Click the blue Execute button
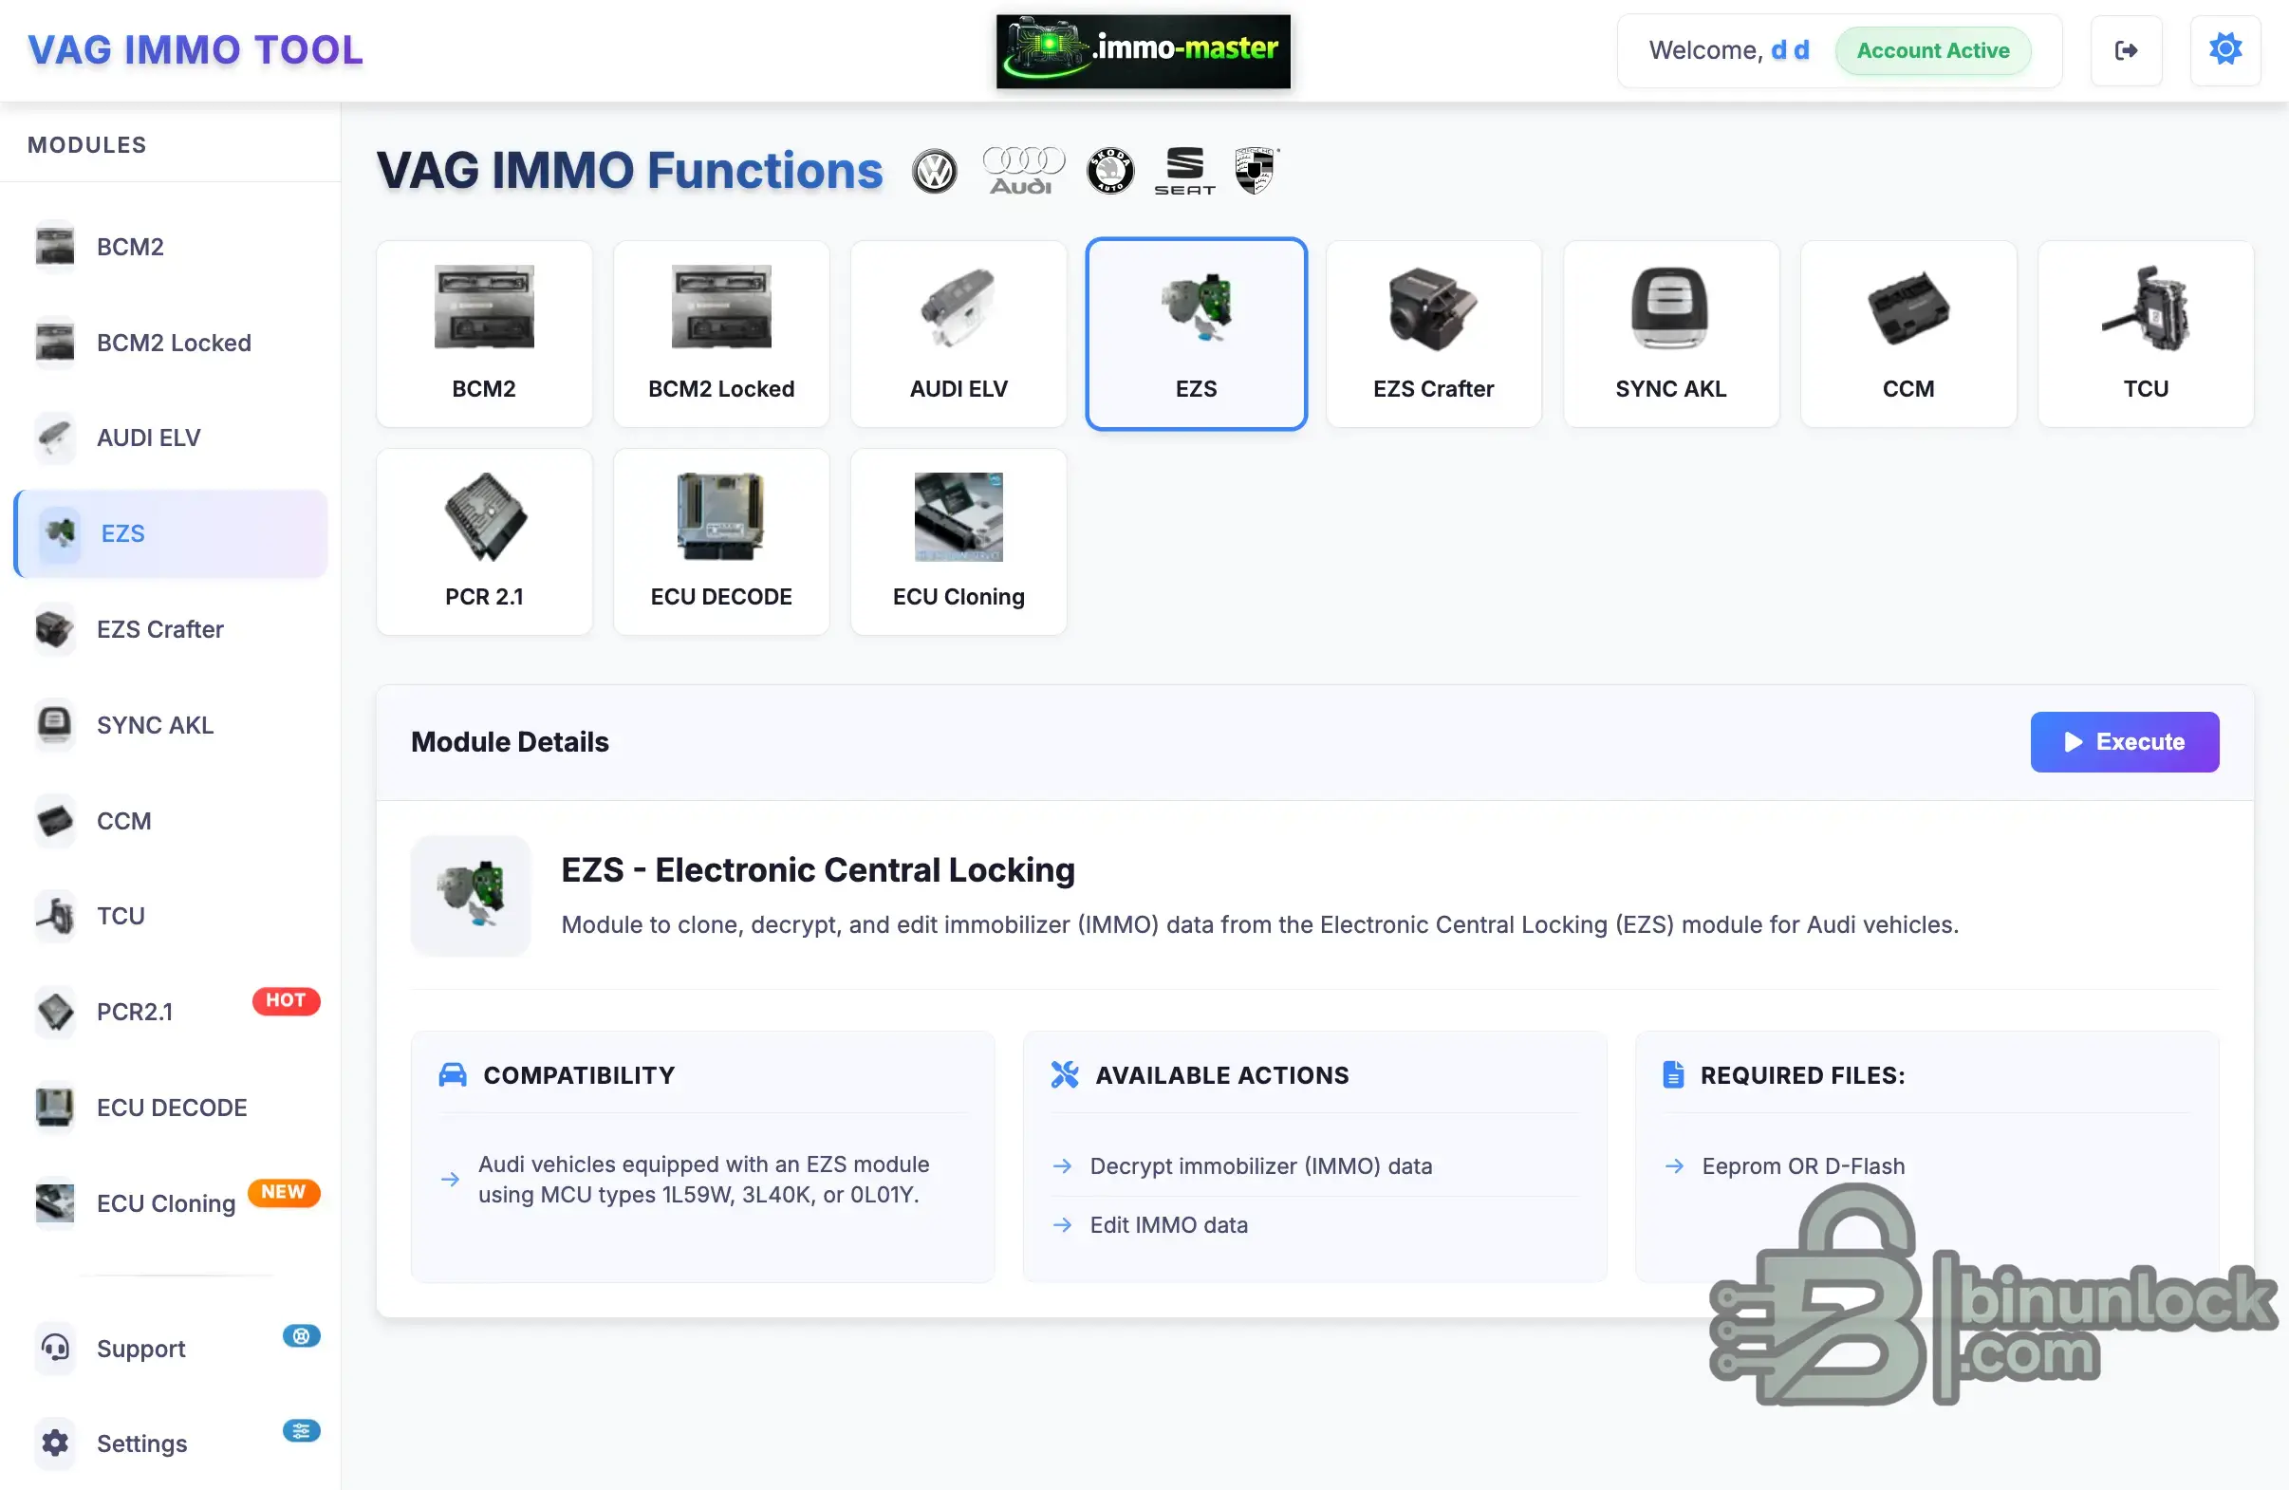[x=2124, y=741]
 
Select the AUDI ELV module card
[x=958, y=334]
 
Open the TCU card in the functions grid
[x=2145, y=334]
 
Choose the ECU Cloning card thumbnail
[x=958, y=516]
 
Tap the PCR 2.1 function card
[x=484, y=542]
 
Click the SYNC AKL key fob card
[x=1670, y=334]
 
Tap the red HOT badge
[x=286, y=1000]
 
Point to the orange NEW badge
[x=284, y=1192]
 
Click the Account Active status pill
[x=1932, y=50]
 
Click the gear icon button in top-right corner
[x=2224, y=50]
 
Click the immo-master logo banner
[x=1143, y=51]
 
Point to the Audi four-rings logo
[x=1022, y=170]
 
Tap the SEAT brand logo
[x=1184, y=170]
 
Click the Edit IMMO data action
[x=1168, y=1224]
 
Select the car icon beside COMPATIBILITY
[x=452, y=1074]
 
